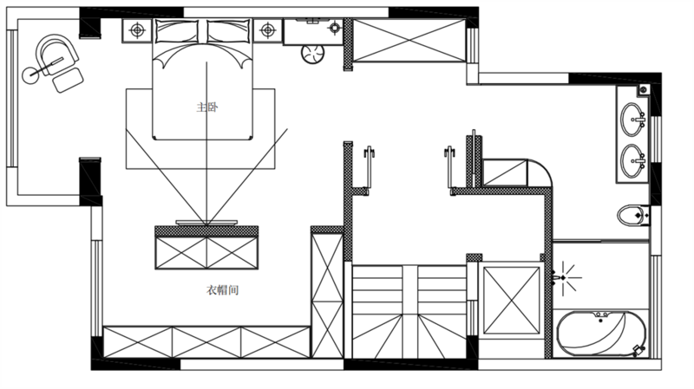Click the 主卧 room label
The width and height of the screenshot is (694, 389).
pyautogui.click(x=207, y=107)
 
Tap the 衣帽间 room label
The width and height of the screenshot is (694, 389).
pyautogui.click(x=223, y=290)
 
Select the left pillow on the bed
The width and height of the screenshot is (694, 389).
pyautogui.click(x=177, y=32)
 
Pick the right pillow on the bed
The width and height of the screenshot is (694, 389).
pyautogui.click(x=228, y=32)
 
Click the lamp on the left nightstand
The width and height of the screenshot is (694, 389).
pyautogui.click(x=137, y=30)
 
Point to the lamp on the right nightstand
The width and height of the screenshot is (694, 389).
pyautogui.click(x=268, y=30)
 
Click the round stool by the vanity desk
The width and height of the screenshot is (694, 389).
pyautogui.click(x=312, y=55)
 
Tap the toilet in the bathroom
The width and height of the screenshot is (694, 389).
pyautogui.click(x=633, y=216)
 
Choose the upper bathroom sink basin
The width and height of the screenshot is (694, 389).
pyautogui.click(x=633, y=120)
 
